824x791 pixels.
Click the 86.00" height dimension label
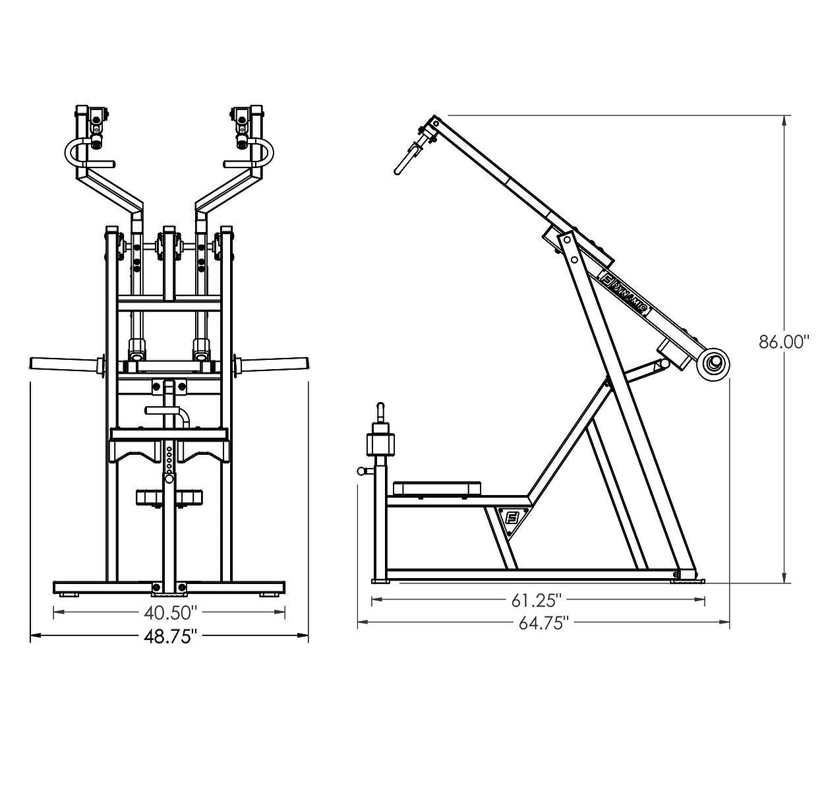click(x=783, y=342)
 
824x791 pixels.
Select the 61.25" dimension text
click(x=537, y=601)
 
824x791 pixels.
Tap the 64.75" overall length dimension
click(x=543, y=623)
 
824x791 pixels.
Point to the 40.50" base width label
click(x=170, y=612)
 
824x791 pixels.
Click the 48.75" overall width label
click(x=170, y=636)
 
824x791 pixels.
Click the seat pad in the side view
click(x=432, y=488)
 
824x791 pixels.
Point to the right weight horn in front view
click(x=275, y=363)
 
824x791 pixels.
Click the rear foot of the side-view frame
click(x=686, y=579)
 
